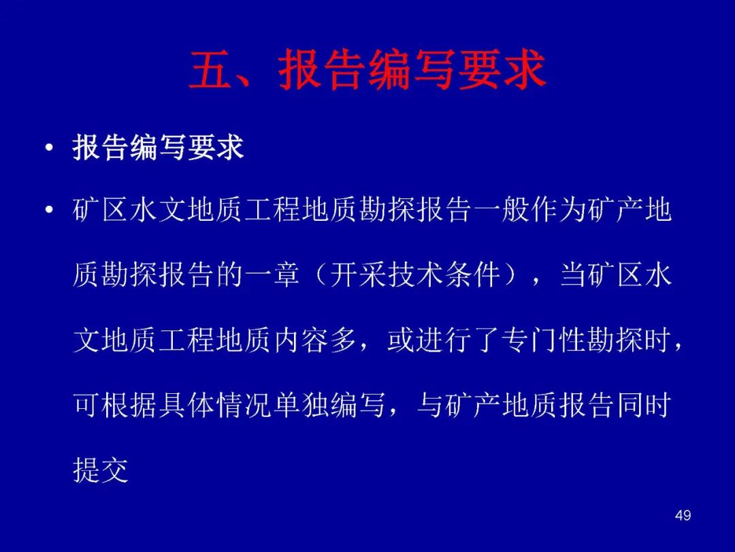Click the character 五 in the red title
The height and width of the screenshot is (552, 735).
point(210,70)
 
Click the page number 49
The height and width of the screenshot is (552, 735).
point(683,515)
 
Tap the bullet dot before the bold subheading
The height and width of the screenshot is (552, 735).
point(49,149)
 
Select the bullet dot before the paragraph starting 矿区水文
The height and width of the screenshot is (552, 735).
point(49,209)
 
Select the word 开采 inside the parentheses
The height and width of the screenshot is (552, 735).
point(358,275)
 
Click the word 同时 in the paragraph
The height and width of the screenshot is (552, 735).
point(643,405)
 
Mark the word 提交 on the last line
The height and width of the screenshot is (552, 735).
point(101,470)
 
